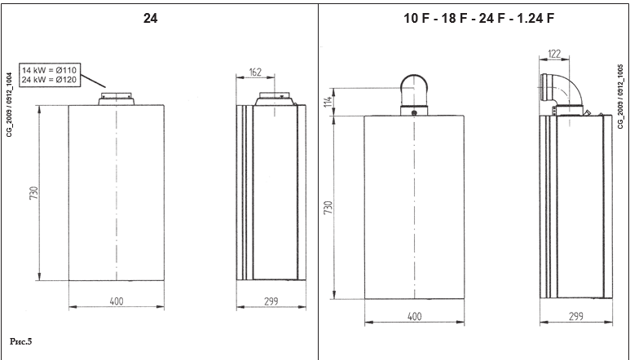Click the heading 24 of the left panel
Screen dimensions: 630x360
pyautogui.click(x=150, y=18)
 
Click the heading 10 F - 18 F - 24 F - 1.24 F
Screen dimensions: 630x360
pyautogui.click(x=478, y=18)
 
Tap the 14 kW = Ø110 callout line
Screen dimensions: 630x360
pyautogui.click(x=49, y=70)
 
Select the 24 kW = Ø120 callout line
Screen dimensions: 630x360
pyautogui.click(x=49, y=80)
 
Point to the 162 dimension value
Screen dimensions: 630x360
pyautogui.click(x=255, y=72)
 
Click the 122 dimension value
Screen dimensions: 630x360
pyautogui.click(x=554, y=54)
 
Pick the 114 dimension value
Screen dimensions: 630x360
pyautogui.click(x=328, y=102)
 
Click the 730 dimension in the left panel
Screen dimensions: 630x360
pyautogui.click(x=33, y=193)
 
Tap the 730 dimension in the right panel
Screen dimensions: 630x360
pyautogui.click(x=328, y=208)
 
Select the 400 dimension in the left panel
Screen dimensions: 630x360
pyautogui.click(x=117, y=301)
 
